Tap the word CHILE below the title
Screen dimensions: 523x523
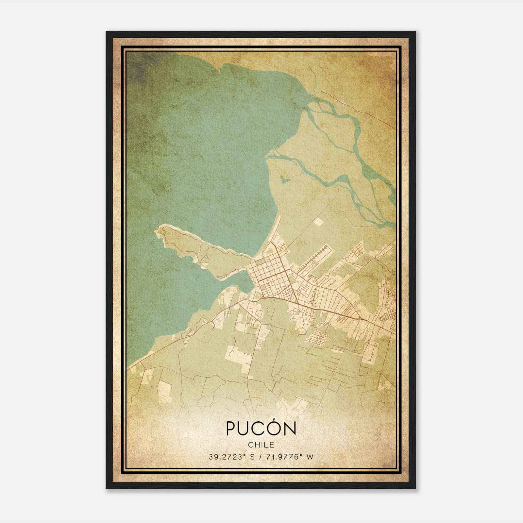[261, 445]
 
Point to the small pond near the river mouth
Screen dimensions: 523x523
[284, 178]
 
